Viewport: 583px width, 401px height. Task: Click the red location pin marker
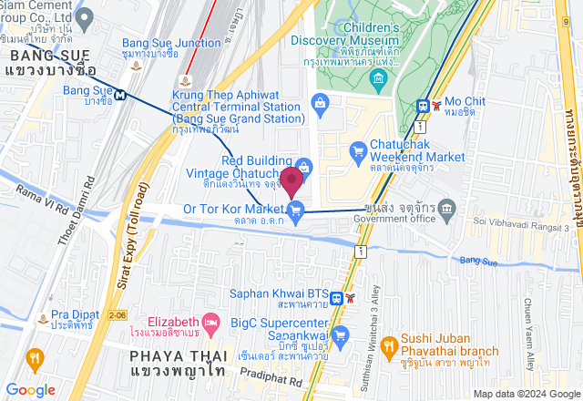(291, 181)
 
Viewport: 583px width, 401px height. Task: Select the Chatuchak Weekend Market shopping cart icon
(357, 149)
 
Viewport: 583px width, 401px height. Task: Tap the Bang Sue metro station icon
(119, 91)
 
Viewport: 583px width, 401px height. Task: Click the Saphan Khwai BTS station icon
(337, 297)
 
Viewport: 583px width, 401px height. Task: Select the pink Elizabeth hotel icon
(211, 322)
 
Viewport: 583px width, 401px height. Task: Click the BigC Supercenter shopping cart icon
(341, 335)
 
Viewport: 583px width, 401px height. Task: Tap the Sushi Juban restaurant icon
(387, 345)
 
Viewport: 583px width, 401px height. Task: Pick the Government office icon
(446, 211)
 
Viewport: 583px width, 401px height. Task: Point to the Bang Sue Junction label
(171, 43)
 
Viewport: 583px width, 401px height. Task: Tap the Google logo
(30, 389)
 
